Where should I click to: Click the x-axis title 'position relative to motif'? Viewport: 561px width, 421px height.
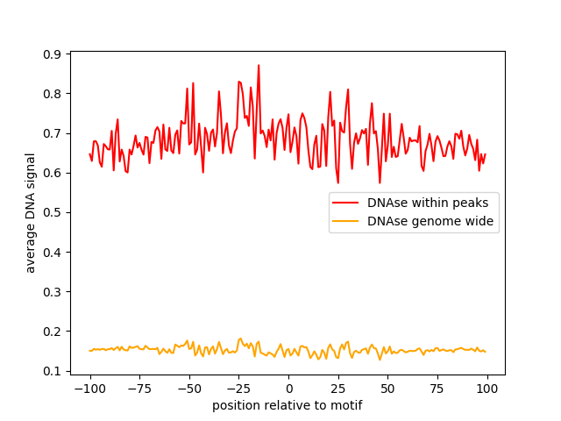(287, 405)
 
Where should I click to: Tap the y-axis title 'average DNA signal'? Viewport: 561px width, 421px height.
(31, 213)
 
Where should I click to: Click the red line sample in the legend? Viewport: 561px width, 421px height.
(347, 203)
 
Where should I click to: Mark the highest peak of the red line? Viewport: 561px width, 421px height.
(259, 65)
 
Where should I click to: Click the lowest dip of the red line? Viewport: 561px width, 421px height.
(380, 183)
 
